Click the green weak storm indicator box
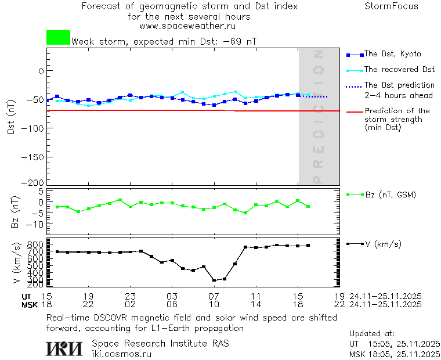(58, 38)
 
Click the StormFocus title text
(391, 6)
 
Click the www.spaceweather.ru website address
(187, 26)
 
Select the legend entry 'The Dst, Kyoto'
(392, 54)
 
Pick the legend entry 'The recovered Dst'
(399, 70)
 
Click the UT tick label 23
(130, 296)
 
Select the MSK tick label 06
(172, 304)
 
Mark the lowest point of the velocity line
(214, 280)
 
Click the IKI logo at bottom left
(64, 348)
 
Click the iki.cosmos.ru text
(122, 354)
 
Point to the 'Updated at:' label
(372, 334)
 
